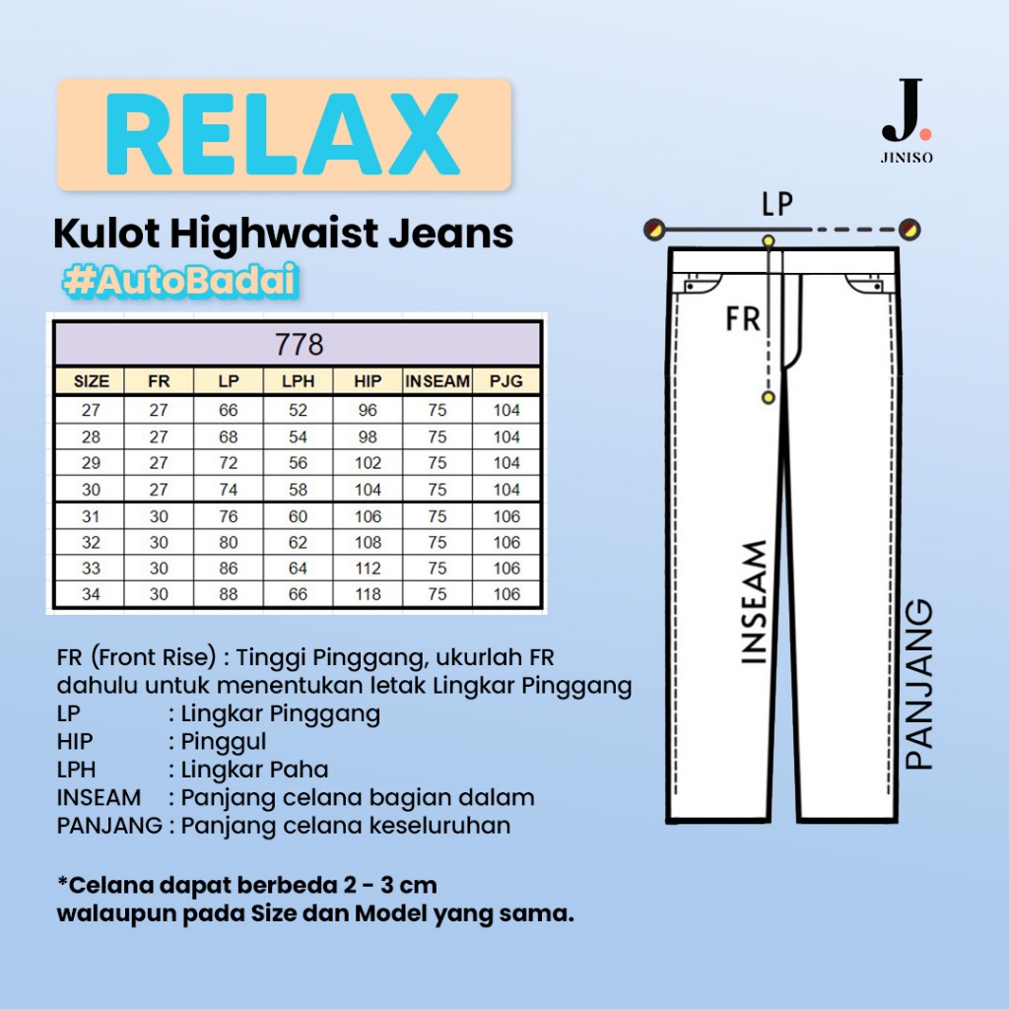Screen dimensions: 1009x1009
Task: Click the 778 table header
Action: click(x=300, y=345)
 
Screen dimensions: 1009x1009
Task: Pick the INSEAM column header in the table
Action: click(x=437, y=381)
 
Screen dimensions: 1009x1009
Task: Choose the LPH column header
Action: click(x=299, y=381)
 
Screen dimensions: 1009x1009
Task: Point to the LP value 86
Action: click(x=229, y=569)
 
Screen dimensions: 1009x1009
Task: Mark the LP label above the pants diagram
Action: click(x=778, y=204)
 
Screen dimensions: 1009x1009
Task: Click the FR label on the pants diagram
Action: click(x=743, y=318)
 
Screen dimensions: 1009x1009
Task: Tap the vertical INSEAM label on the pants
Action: click(x=754, y=602)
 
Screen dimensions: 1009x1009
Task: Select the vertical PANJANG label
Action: click(x=918, y=684)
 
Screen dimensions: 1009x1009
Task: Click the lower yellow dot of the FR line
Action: click(x=769, y=396)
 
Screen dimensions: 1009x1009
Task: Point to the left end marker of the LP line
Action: click(x=651, y=230)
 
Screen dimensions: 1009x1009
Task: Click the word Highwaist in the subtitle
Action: click(x=278, y=235)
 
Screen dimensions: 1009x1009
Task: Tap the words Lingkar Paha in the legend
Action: click(x=248, y=770)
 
